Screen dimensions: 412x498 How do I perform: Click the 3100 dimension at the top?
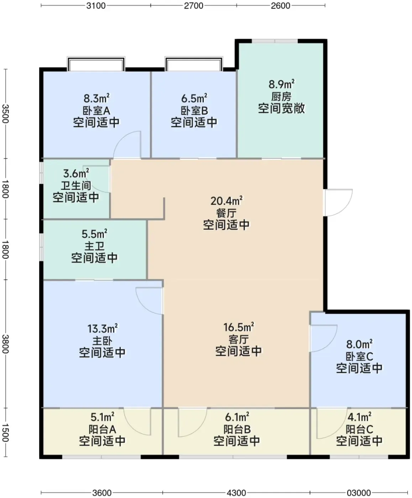point(96,5)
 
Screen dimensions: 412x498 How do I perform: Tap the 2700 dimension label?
point(193,5)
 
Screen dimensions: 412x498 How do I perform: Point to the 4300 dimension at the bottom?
point(236,493)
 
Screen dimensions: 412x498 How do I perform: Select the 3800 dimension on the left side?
point(5,344)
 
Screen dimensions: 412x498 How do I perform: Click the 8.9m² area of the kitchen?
point(281,84)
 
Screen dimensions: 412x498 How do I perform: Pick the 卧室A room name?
point(96,111)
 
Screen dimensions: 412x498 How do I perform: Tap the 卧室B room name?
point(194,111)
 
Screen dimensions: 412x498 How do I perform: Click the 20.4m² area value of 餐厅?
point(226,201)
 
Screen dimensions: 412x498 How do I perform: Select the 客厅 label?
point(239,339)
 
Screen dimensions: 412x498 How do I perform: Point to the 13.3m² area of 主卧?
point(102,329)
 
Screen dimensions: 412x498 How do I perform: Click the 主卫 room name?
point(95,246)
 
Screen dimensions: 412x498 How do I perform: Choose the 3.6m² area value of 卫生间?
point(76,173)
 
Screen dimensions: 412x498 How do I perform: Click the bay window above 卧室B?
point(194,64)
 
